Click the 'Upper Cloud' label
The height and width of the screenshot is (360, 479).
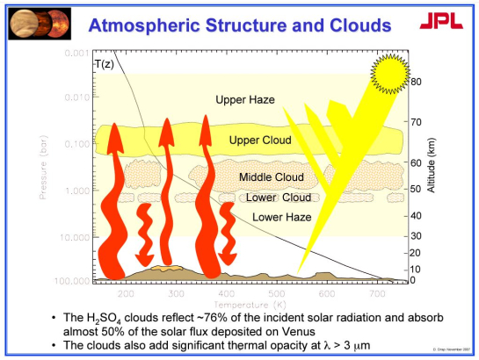pos(254,140)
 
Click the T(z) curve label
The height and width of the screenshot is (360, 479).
pos(105,64)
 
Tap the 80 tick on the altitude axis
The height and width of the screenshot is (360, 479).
pos(417,82)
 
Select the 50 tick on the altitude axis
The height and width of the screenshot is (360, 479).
pos(417,189)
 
